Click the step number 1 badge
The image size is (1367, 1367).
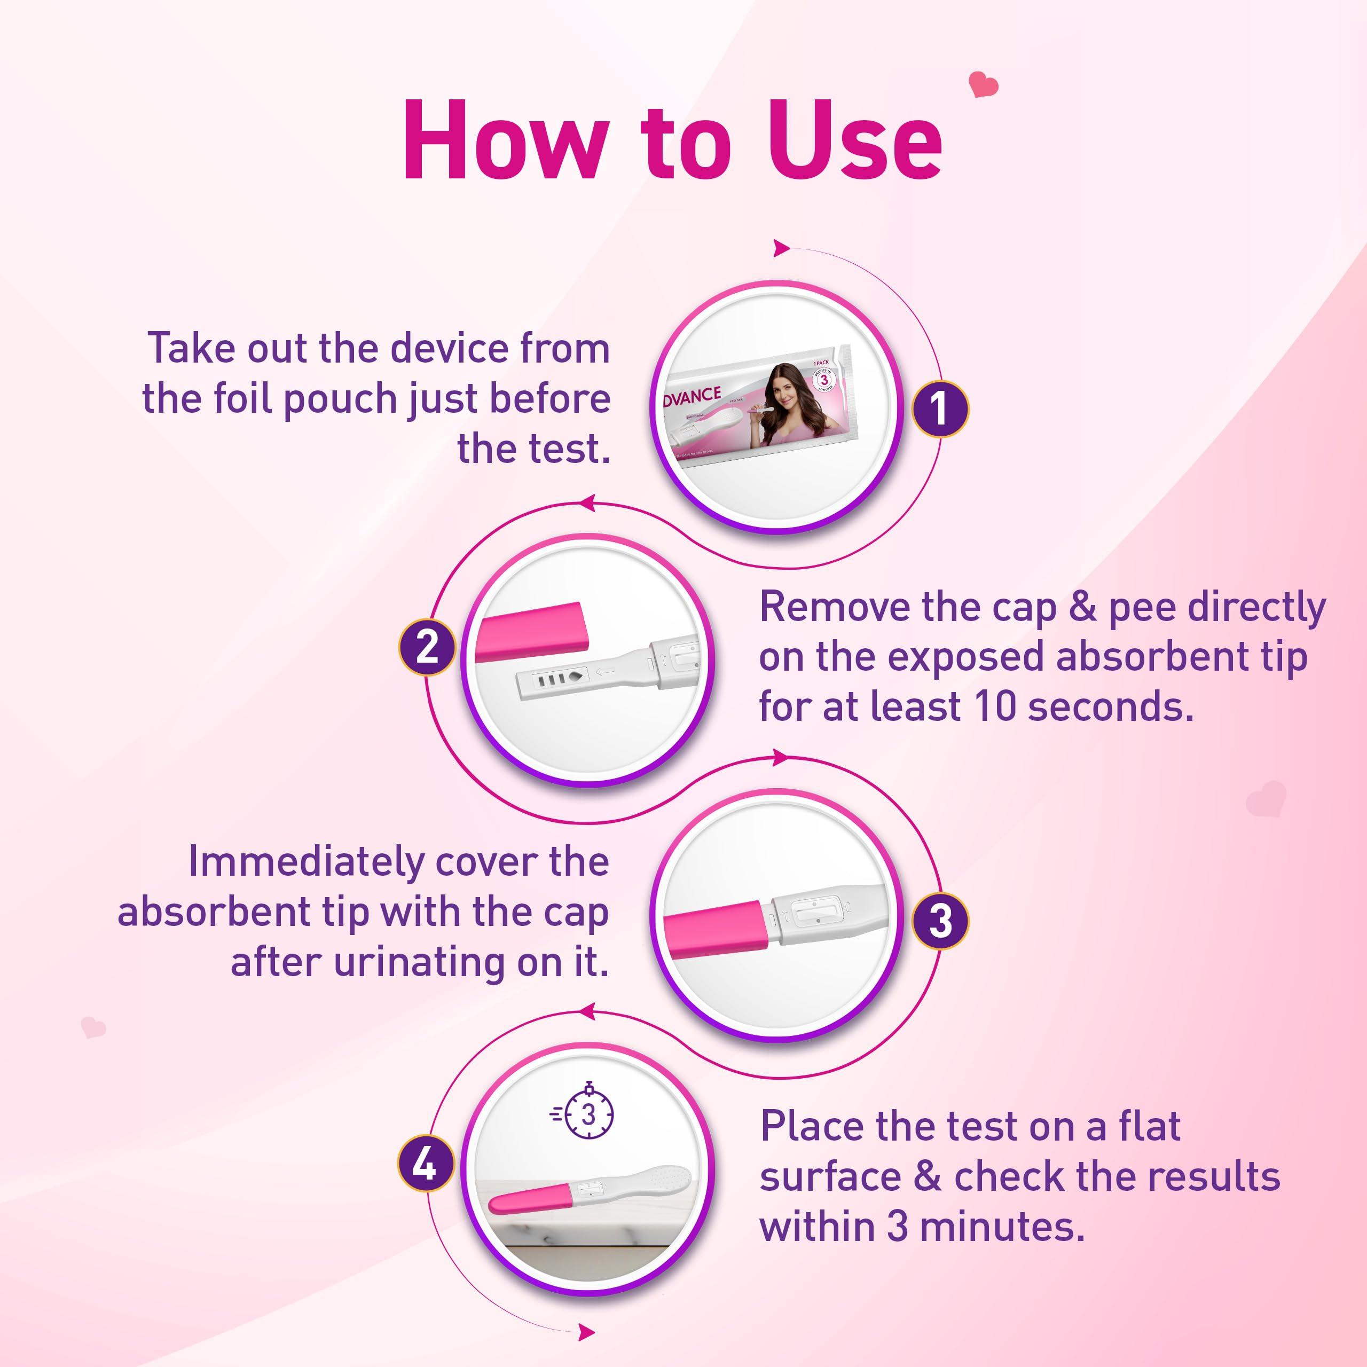pyautogui.click(x=939, y=408)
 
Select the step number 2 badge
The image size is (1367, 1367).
pyautogui.click(x=427, y=647)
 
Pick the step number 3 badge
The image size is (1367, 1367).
pyautogui.click(x=939, y=921)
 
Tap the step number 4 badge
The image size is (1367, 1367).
pyautogui.click(x=425, y=1164)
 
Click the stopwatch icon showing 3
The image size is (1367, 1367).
pyautogui.click(x=586, y=1114)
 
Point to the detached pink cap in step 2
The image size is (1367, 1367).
pyautogui.click(x=531, y=631)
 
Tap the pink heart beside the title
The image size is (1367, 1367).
pyautogui.click(x=983, y=85)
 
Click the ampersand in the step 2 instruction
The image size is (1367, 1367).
pyautogui.click(x=1082, y=607)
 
